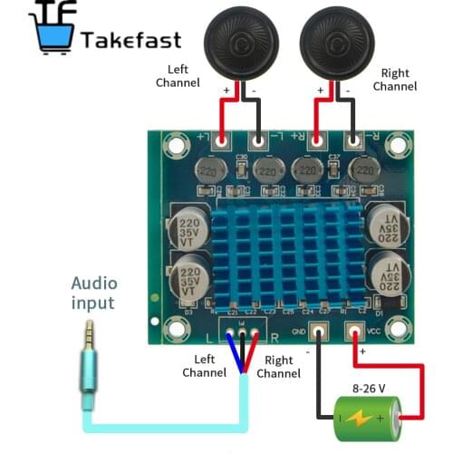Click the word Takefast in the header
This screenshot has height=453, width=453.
tap(130, 40)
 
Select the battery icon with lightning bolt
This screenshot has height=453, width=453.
tap(362, 419)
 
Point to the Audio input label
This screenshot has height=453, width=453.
tap(93, 292)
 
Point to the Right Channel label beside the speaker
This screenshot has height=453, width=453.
tap(395, 80)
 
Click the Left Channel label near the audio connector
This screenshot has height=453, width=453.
tap(204, 366)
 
